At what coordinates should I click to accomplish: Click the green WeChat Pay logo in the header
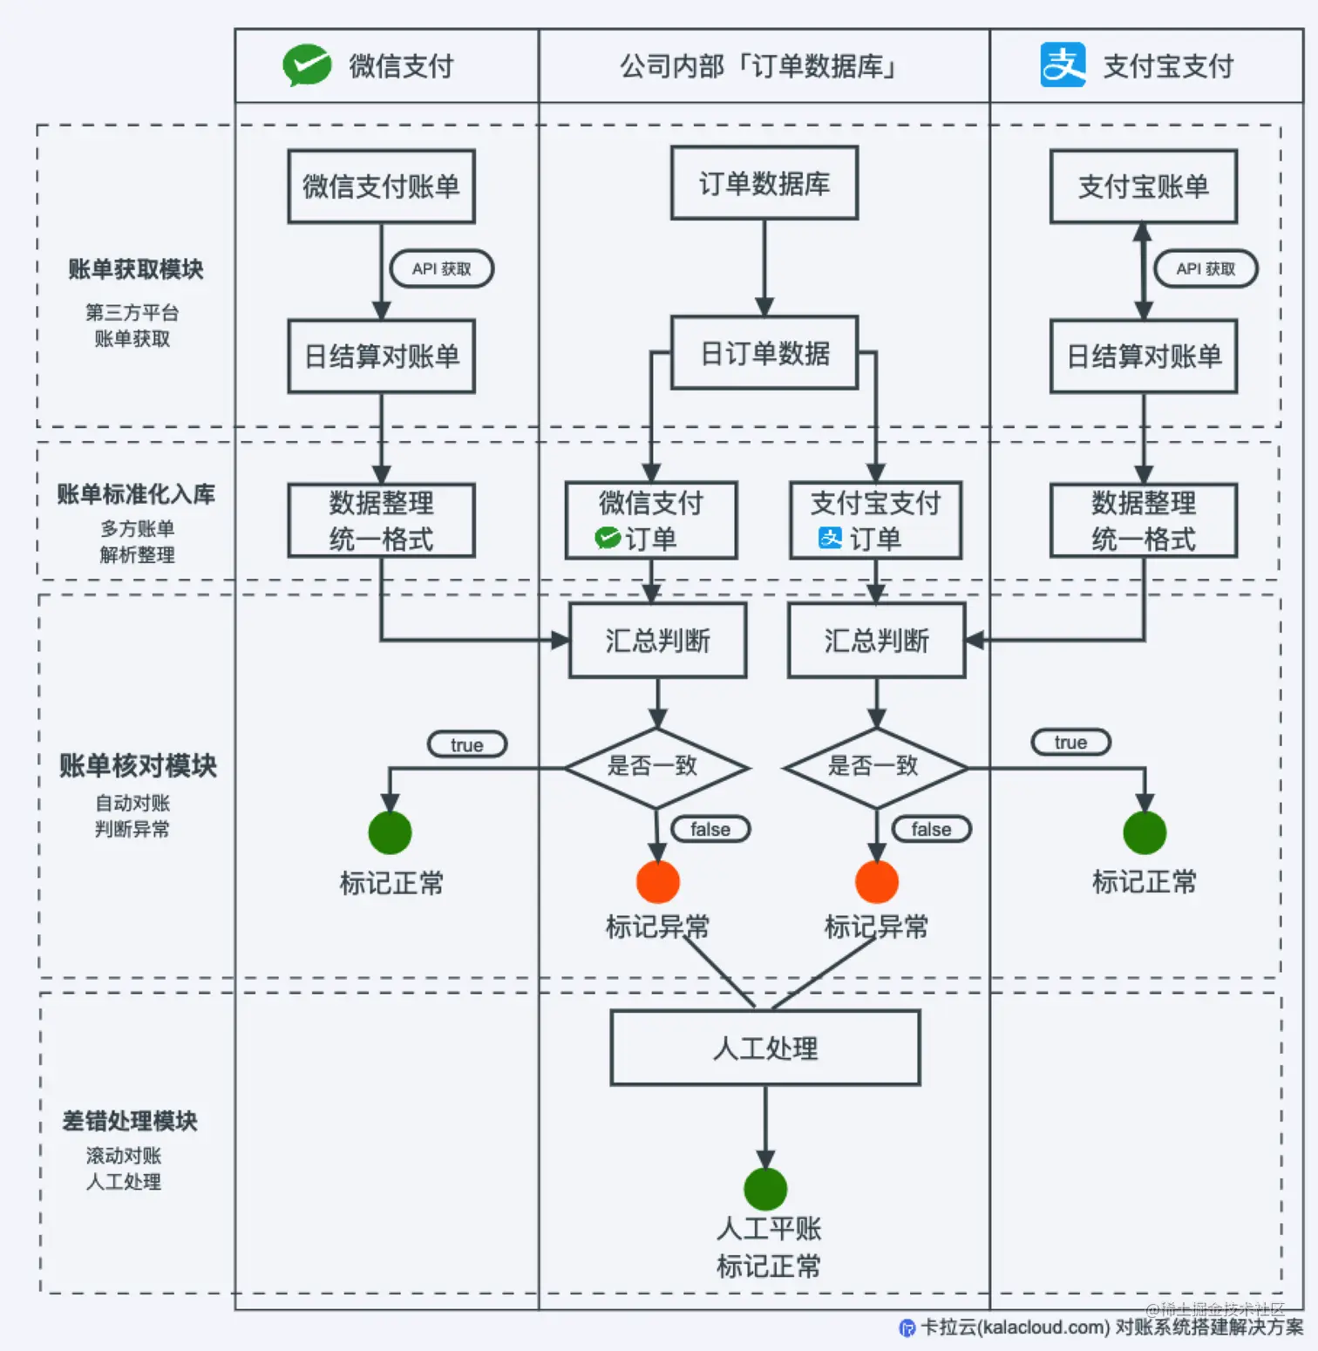[x=307, y=65]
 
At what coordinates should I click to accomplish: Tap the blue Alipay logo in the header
[x=1063, y=65]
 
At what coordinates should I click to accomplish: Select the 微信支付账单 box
[x=381, y=187]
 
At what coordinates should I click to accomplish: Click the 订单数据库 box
[x=764, y=183]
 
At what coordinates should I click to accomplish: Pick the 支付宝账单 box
[x=1143, y=187]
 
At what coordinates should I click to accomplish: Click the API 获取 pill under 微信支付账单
[x=441, y=268]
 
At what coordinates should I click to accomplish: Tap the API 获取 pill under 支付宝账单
[x=1206, y=268]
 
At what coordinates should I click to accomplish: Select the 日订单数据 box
[x=764, y=353]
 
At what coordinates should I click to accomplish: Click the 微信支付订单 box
[x=650, y=520]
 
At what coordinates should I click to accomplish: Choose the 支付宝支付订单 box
[x=875, y=520]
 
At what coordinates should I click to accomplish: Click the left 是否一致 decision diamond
[x=656, y=767]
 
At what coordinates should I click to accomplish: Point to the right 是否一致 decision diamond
[x=875, y=767]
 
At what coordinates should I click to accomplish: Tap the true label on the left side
[x=466, y=744]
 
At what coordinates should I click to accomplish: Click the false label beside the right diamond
[x=931, y=829]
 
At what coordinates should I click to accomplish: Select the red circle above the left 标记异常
[x=657, y=882]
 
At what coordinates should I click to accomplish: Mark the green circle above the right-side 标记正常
[x=1144, y=832]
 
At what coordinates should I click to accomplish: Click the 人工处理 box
[x=764, y=1048]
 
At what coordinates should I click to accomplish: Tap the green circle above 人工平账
[x=765, y=1189]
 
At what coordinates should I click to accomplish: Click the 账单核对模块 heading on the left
[x=138, y=765]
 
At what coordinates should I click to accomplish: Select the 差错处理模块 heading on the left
[x=130, y=1121]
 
